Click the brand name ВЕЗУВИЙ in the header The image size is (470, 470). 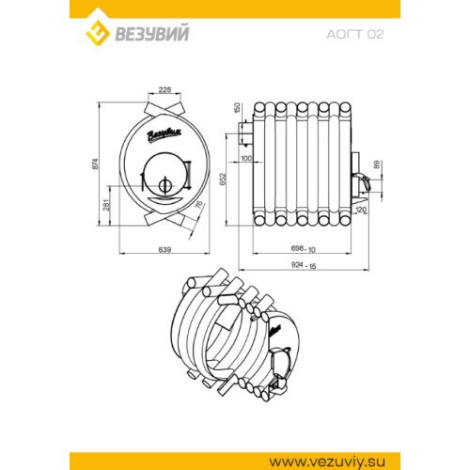click(152, 34)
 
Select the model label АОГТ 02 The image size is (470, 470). click(355, 34)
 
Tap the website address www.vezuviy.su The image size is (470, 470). click(327, 462)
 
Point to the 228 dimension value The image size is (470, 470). click(164, 89)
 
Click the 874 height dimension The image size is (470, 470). click(95, 164)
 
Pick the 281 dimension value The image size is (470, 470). click(107, 205)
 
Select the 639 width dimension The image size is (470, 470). click(164, 249)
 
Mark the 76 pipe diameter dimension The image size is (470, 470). click(199, 205)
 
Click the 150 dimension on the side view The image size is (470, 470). click(237, 107)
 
